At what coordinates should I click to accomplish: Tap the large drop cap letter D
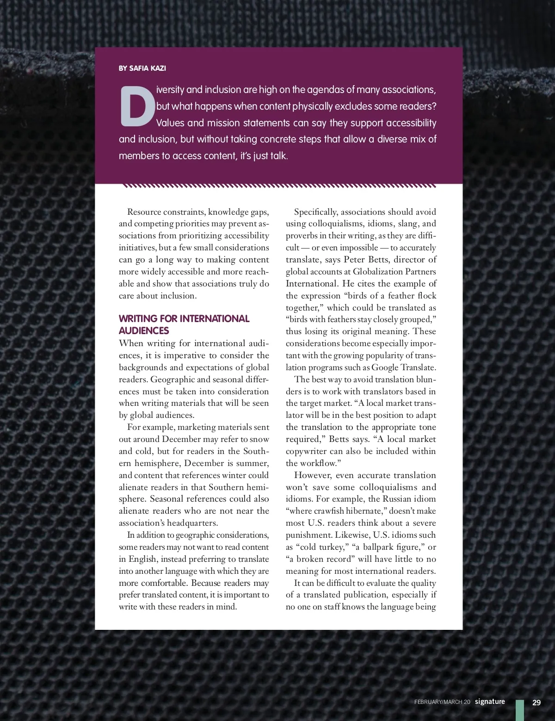[137, 106]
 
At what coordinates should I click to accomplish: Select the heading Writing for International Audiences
[184, 324]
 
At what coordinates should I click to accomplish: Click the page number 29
[536, 702]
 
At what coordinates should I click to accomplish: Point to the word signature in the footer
[490, 702]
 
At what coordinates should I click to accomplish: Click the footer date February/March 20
[442, 702]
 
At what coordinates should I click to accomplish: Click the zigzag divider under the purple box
[279, 186]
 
